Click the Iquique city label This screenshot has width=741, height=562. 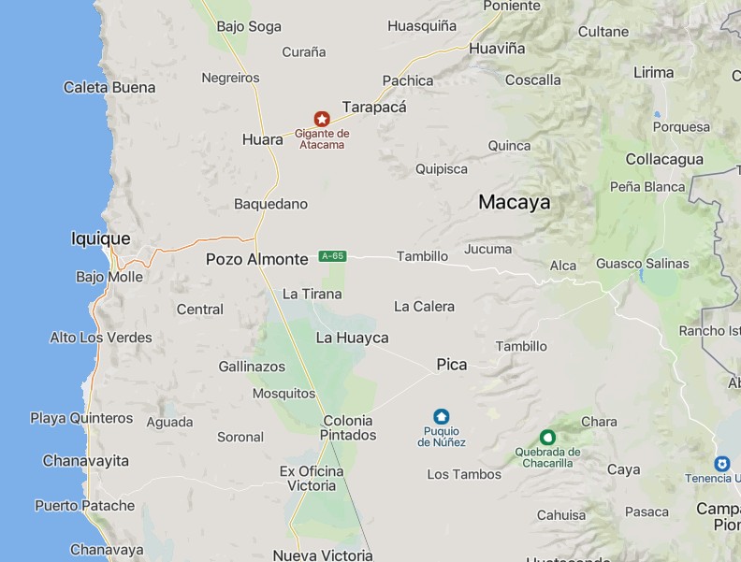click(100, 238)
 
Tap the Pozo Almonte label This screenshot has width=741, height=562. click(256, 259)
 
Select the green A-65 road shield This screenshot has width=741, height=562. click(332, 256)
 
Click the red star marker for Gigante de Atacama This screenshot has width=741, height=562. click(322, 119)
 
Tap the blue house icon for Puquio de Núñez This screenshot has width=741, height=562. click(442, 416)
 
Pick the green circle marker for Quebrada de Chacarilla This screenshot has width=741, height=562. click(547, 437)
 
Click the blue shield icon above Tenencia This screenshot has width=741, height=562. click(721, 464)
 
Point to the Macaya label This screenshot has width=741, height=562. click(514, 202)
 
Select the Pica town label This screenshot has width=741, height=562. click(451, 365)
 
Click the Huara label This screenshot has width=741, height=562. click(262, 139)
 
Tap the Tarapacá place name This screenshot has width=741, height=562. click(374, 107)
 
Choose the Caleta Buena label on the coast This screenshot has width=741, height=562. click(109, 87)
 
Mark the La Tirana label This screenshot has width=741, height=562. click(312, 294)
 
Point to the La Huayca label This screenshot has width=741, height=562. click(352, 338)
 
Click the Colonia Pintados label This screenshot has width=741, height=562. click(348, 428)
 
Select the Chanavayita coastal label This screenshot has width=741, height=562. click(85, 461)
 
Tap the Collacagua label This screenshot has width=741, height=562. click(664, 159)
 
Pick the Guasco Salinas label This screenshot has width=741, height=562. click(642, 264)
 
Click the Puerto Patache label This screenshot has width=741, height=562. click(84, 506)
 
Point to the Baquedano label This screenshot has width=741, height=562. click(270, 204)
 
